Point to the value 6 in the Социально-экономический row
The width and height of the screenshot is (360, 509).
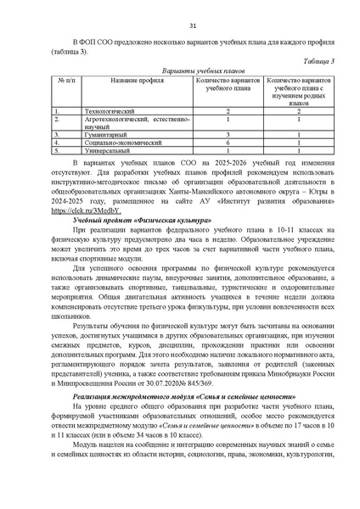click(x=229, y=142)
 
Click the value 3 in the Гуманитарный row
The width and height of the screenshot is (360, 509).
click(x=229, y=134)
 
